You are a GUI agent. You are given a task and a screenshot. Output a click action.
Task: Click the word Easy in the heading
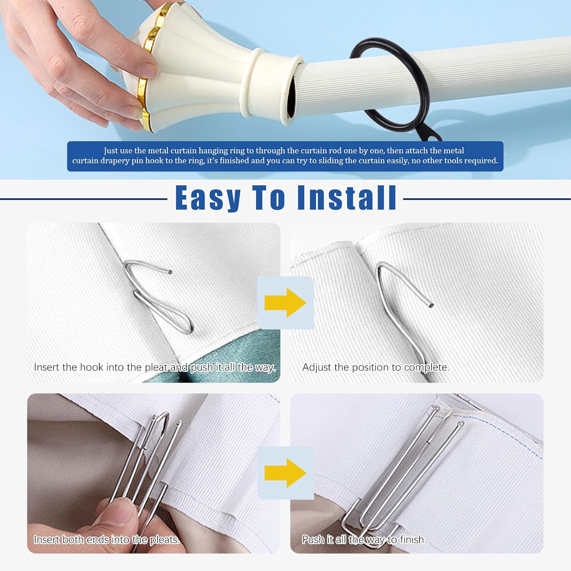point(208,198)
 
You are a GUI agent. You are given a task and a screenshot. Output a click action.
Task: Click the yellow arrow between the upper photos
point(285,303)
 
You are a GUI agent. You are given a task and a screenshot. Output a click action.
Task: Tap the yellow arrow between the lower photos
point(285,473)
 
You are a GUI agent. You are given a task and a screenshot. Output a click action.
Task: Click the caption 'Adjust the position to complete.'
point(376,367)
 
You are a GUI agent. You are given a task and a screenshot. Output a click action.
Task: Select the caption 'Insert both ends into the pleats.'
point(107,539)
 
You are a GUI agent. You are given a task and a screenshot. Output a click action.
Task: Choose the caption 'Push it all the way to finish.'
point(364,539)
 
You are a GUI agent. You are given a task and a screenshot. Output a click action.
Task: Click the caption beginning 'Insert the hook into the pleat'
point(155,367)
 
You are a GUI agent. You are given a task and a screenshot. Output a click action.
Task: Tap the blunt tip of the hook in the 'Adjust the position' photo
point(431,305)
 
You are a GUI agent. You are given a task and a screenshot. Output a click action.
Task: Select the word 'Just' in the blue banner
point(111,151)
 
